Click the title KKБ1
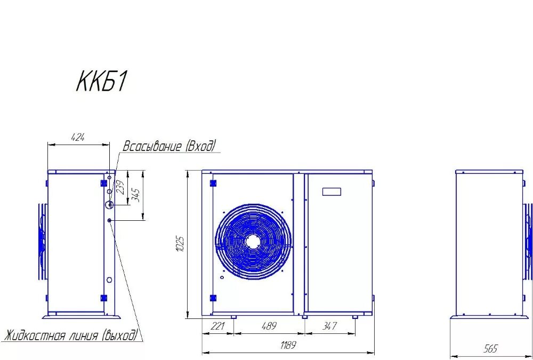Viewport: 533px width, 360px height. click(x=101, y=82)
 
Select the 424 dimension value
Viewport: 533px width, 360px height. click(x=78, y=138)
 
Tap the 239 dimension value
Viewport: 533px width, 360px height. click(x=120, y=187)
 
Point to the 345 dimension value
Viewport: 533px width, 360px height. click(x=137, y=195)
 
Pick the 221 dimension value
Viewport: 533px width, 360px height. click(x=217, y=326)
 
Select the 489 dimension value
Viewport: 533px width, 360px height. click(x=269, y=326)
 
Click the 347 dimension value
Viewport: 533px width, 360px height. click(x=329, y=326)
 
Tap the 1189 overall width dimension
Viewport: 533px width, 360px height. click(x=288, y=346)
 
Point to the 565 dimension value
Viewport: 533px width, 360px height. click(x=490, y=349)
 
